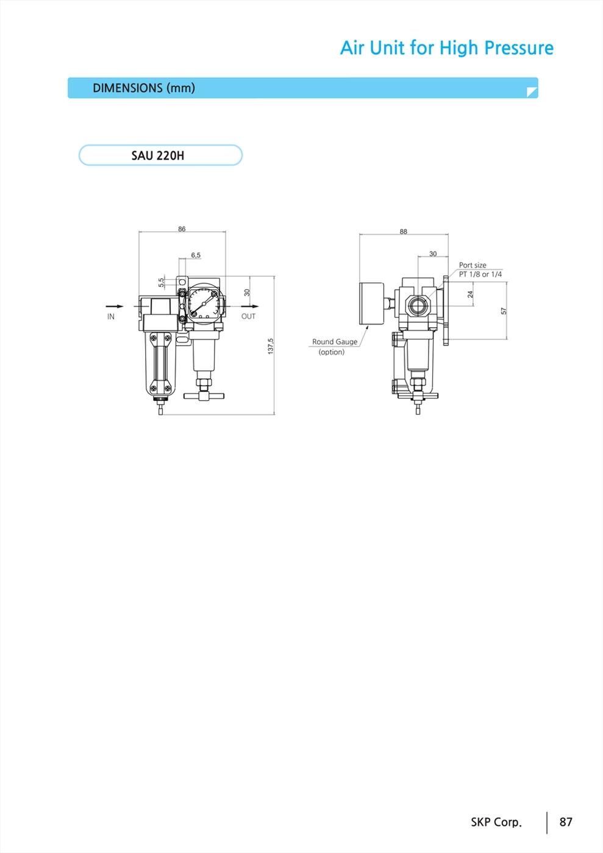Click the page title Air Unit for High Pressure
447,48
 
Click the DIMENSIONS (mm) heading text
144,88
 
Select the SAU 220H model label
158,156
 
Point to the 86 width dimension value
182,229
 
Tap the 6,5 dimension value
196,255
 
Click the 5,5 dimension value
161,282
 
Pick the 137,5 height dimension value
271,346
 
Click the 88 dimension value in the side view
403,232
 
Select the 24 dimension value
470,294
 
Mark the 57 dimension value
504,311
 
